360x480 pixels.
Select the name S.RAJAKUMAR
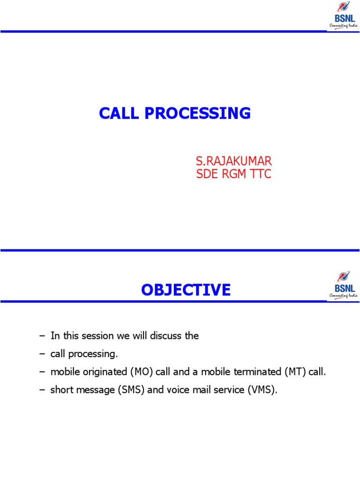click(233, 161)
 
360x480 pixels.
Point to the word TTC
click(261, 174)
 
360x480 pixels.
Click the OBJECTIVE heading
click(186, 290)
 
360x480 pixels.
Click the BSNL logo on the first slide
click(344, 15)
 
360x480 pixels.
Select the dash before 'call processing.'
click(42, 354)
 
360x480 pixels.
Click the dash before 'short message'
click(42, 390)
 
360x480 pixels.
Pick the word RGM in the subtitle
click(233, 174)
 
